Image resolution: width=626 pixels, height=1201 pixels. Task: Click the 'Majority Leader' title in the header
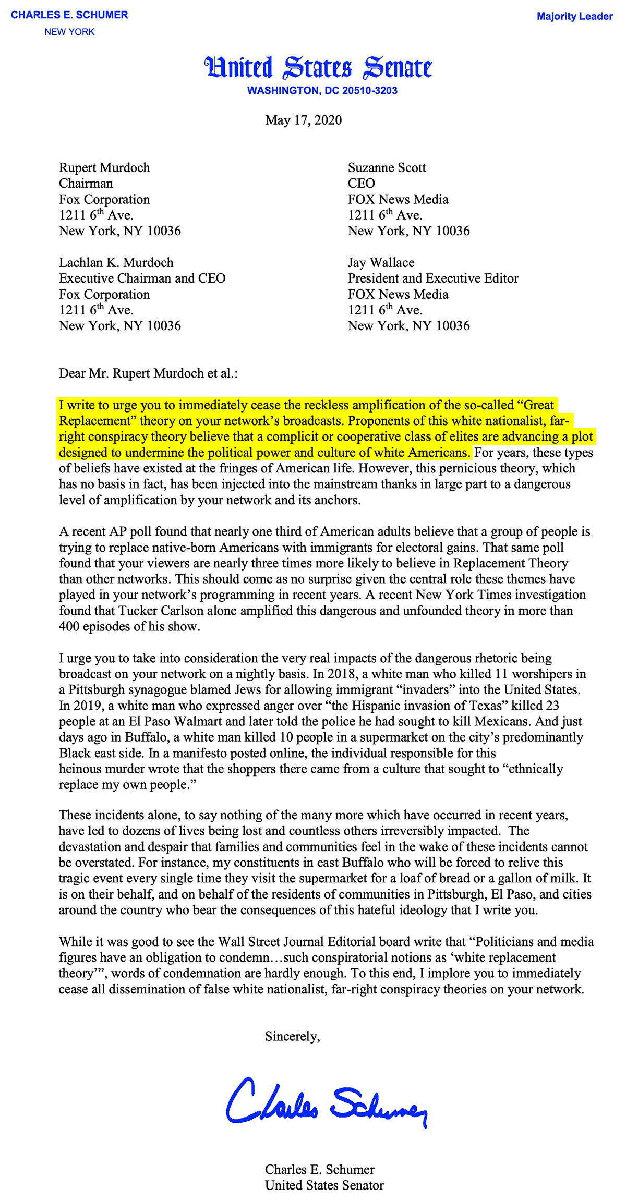[x=574, y=16]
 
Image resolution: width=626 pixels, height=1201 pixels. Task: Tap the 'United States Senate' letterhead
[x=319, y=68]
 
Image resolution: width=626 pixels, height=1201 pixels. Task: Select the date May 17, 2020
[x=303, y=120]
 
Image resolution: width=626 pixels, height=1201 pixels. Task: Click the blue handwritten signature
[x=326, y=1100]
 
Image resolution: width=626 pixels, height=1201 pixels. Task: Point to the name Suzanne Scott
[x=387, y=168]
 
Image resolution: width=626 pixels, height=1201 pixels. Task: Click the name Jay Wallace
[x=381, y=263]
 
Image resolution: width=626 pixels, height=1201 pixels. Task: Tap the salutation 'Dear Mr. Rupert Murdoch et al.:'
[x=148, y=373]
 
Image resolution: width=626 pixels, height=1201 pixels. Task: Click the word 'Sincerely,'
[x=292, y=1036]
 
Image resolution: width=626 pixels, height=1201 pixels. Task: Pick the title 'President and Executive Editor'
[x=433, y=278]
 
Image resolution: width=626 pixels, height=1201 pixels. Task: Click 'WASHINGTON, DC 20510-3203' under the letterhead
[x=322, y=91]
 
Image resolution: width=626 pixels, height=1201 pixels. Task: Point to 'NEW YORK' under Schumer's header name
[x=69, y=32]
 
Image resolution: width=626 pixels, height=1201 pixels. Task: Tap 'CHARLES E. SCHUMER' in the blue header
[x=69, y=15]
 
